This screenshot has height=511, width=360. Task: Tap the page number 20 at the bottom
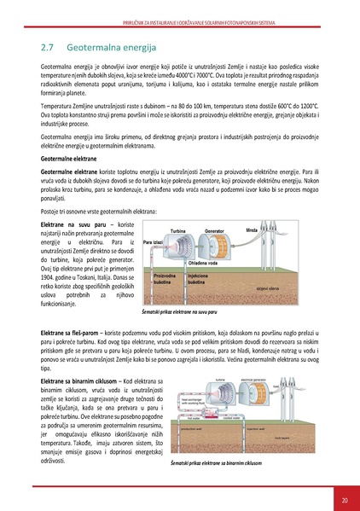[x=344, y=499]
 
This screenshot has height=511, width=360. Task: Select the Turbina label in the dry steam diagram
[x=178, y=231]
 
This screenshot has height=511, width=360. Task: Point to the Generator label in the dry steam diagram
[x=214, y=231]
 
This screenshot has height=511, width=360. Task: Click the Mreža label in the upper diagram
[x=252, y=230]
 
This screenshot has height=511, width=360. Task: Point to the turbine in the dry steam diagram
[x=181, y=247]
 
